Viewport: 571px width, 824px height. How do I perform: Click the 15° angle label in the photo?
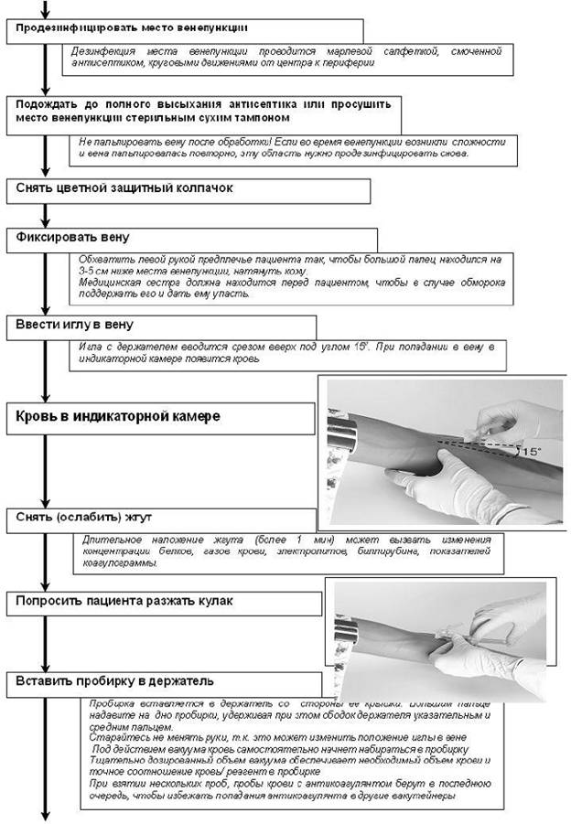pyautogui.click(x=530, y=451)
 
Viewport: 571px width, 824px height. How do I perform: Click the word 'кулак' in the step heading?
pyautogui.click(x=215, y=602)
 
